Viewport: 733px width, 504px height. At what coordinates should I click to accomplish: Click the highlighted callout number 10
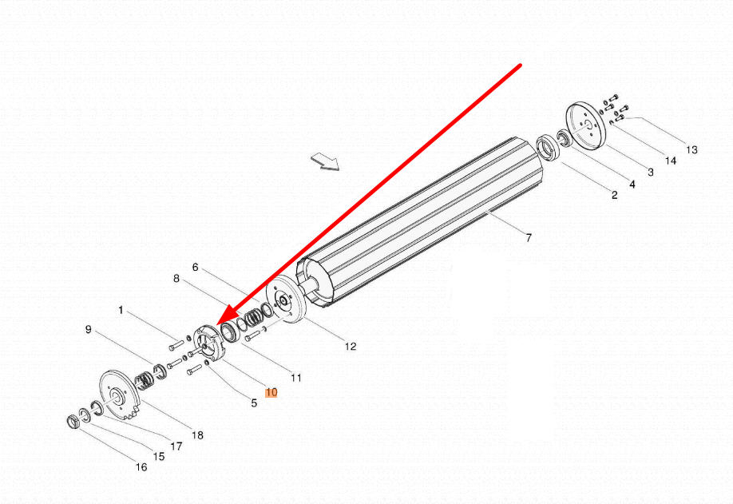pyautogui.click(x=271, y=392)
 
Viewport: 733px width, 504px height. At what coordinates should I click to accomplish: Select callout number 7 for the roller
pyautogui.click(x=529, y=237)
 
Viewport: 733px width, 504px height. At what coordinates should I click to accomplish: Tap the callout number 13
pyautogui.click(x=691, y=149)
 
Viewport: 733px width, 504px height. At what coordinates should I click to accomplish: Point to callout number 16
pyautogui.click(x=141, y=466)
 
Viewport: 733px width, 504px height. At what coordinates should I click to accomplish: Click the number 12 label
pyautogui.click(x=351, y=347)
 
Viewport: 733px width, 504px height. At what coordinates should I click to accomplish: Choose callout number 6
pyautogui.click(x=195, y=267)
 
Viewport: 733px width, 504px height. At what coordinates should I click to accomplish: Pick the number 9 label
pyautogui.click(x=89, y=330)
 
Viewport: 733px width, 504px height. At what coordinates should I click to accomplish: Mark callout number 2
pyautogui.click(x=615, y=195)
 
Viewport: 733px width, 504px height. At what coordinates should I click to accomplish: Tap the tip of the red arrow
pyautogui.click(x=217, y=327)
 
